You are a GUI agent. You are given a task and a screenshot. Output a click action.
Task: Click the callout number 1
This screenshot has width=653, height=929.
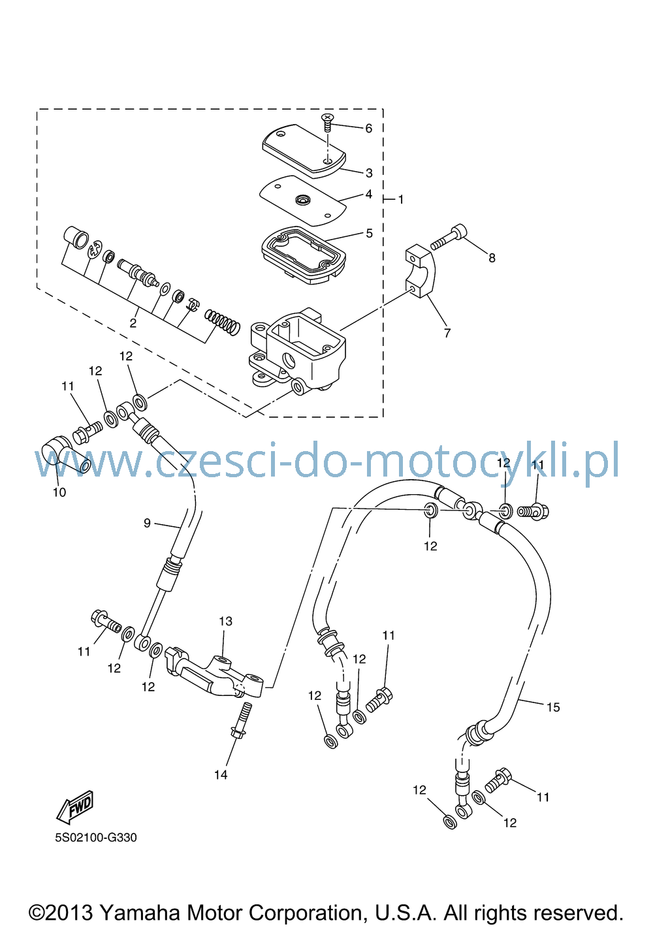coord(401,200)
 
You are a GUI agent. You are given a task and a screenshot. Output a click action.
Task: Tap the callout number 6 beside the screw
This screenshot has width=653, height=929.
coord(368,129)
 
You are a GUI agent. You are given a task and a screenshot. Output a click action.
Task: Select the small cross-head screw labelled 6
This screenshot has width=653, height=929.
coord(328,123)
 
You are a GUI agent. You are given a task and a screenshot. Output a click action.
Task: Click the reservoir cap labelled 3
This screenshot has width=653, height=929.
coord(304,151)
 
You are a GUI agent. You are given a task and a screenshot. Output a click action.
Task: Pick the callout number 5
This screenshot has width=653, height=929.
coord(369,234)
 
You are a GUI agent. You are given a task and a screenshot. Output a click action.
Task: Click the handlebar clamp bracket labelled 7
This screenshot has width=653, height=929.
coord(420,271)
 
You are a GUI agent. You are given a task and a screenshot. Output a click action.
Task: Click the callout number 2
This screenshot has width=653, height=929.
coord(133,323)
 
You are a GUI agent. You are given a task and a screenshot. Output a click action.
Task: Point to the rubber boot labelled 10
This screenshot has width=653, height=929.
coord(65,455)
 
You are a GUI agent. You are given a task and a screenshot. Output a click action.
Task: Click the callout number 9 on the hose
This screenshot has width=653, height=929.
coord(147,524)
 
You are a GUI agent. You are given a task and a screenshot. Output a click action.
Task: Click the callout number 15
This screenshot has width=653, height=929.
coord(553,707)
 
